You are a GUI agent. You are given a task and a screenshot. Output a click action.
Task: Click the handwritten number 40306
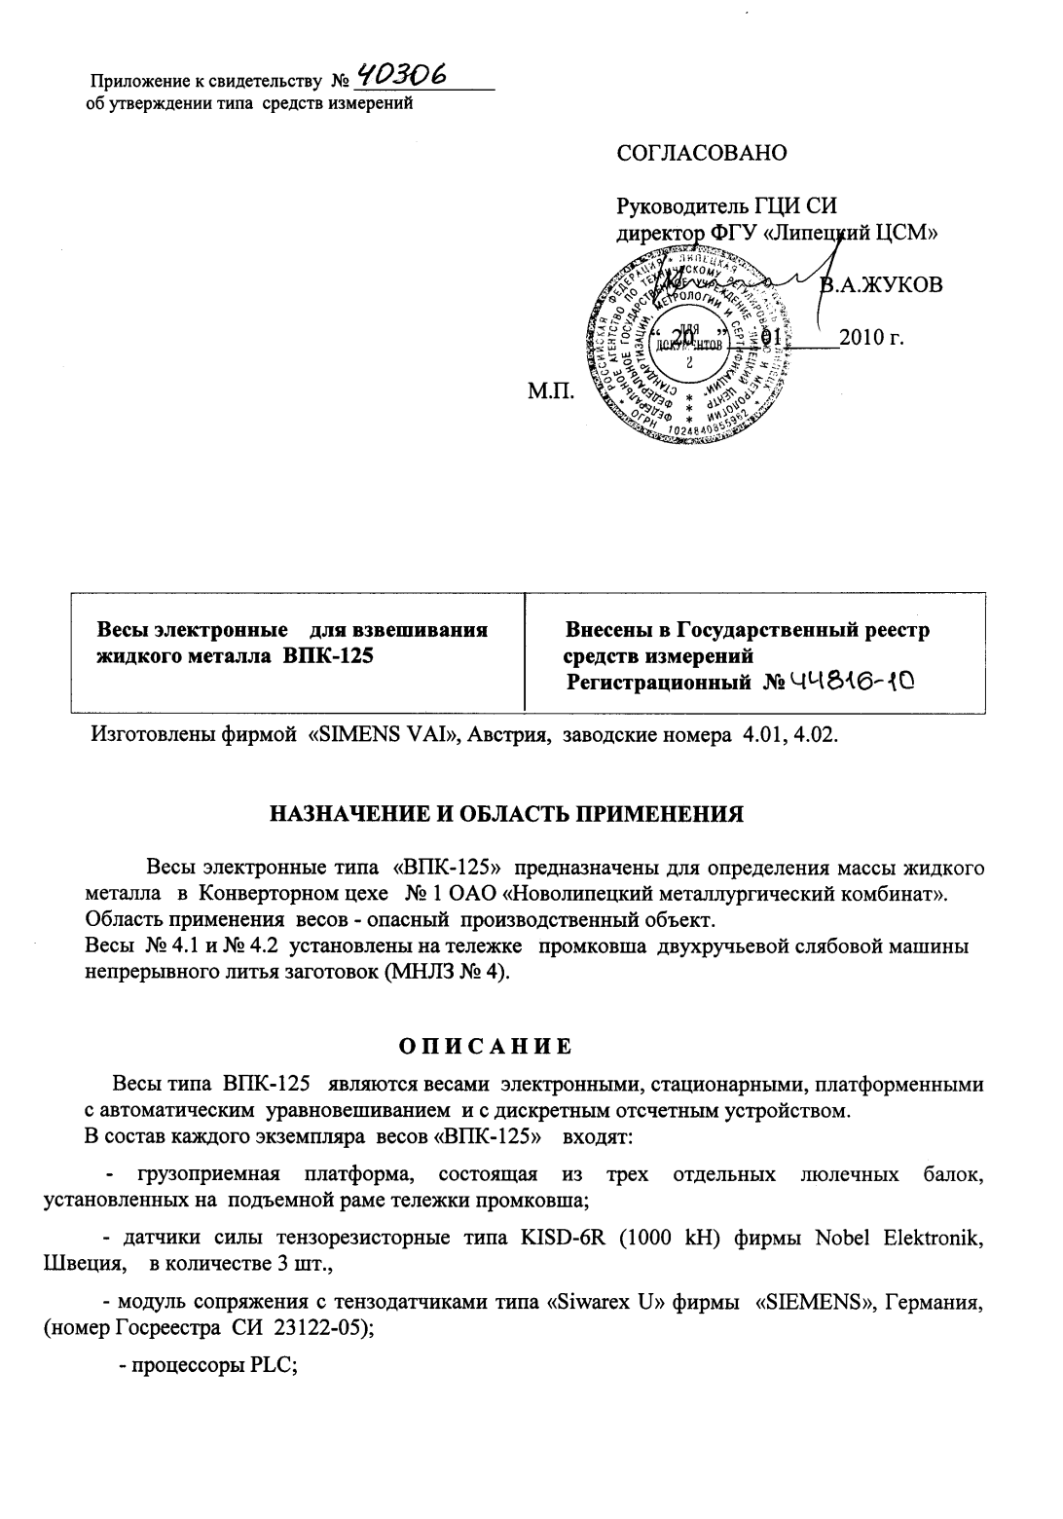tap(402, 73)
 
